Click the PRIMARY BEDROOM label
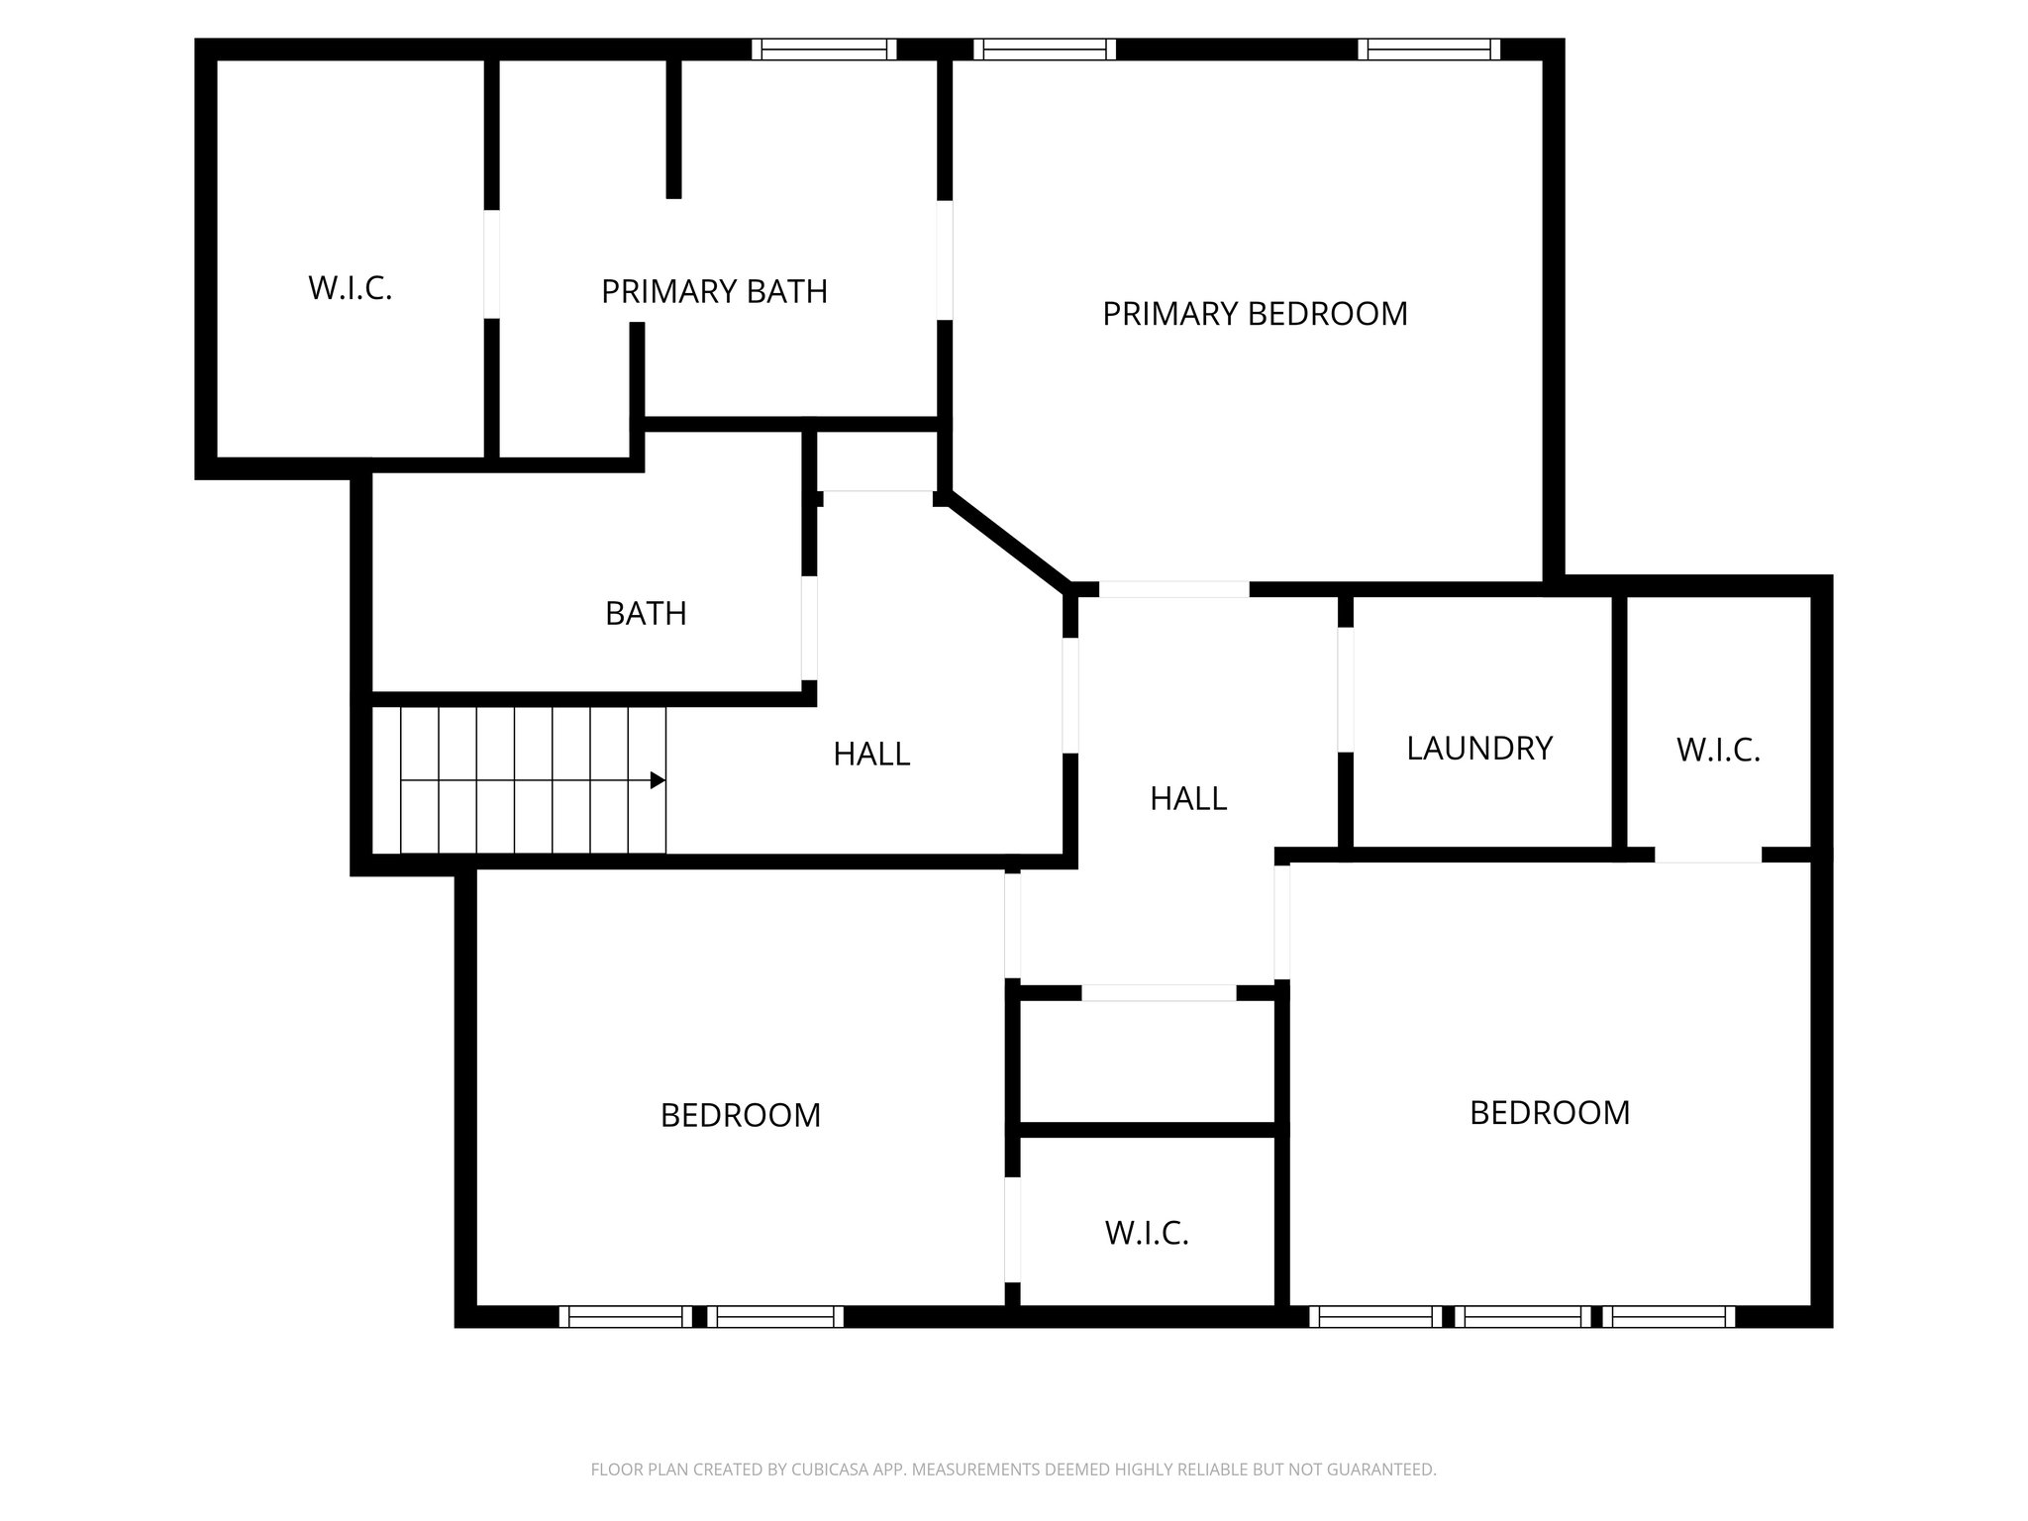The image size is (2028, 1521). (1255, 314)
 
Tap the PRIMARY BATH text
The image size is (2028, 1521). (714, 292)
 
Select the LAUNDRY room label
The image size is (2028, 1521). (1479, 749)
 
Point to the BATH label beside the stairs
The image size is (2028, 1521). (646, 614)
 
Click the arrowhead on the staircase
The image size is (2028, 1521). (658, 781)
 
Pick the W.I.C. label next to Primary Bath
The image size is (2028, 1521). (351, 288)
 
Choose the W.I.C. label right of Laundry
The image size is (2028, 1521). (1718, 751)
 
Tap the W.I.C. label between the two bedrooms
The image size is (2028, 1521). (1147, 1233)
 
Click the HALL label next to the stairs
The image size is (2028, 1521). (871, 755)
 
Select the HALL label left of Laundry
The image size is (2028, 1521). (1188, 798)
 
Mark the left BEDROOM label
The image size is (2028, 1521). (741, 1116)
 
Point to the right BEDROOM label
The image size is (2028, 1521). (1550, 1113)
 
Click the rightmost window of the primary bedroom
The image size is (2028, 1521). (1429, 50)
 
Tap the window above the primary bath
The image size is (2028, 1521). (824, 50)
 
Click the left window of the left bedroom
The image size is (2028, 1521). (626, 1317)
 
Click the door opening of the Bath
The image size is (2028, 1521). (809, 628)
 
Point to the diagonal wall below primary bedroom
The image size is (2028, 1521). (1008, 541)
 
